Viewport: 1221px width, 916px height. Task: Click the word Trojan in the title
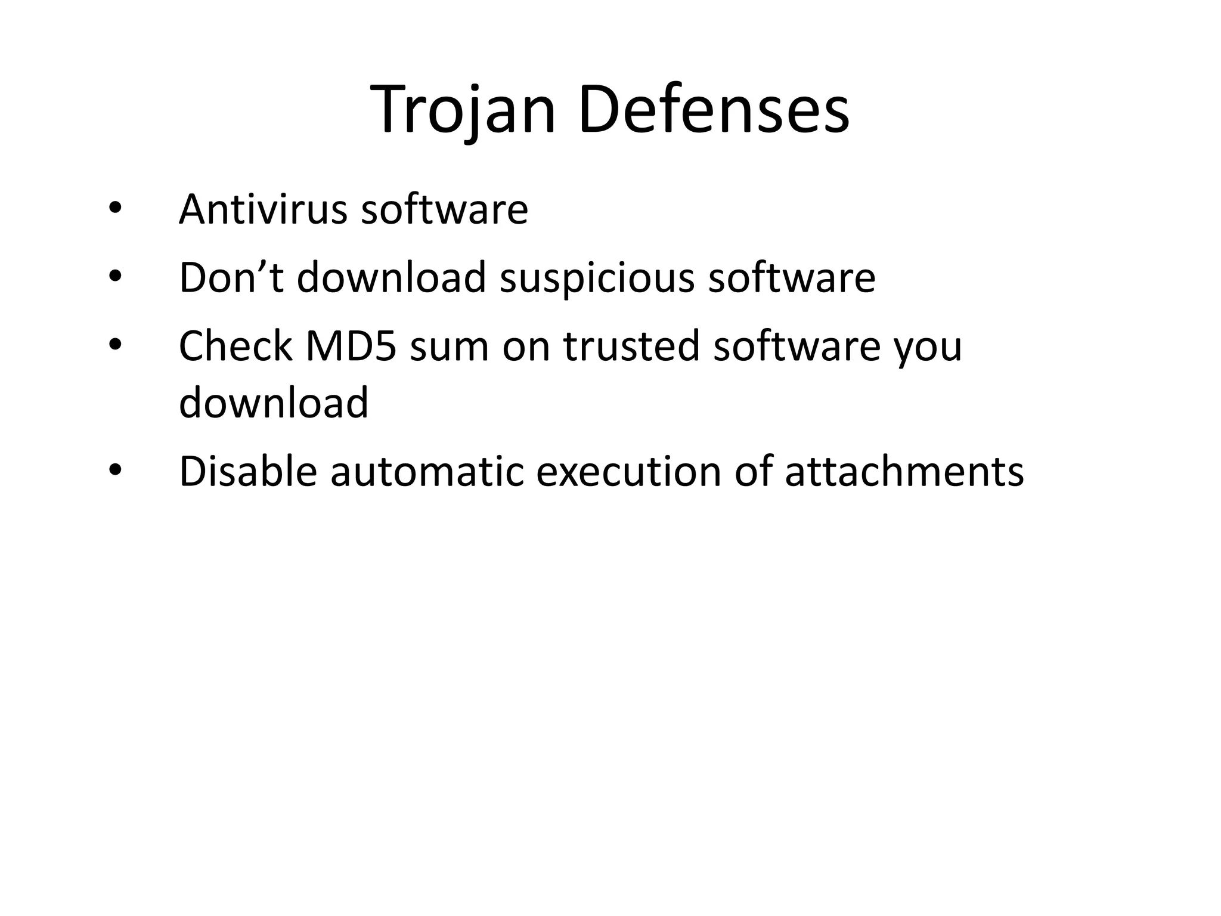coord(463,111)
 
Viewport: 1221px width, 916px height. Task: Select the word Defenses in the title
coord(713,111)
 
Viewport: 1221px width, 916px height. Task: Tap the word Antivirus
coord(263,209)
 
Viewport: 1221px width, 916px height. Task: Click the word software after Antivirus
coord(444,209)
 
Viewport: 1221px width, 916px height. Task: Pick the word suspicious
coord(597,278)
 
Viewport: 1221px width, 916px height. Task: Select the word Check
coord(235,346)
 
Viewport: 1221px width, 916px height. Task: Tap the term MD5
coord(351,346)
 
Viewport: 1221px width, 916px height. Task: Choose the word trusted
coord(631,346)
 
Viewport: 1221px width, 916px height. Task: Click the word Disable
coord(248,471)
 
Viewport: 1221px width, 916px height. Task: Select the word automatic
coord(427,471)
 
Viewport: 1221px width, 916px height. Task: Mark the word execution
coord(628,471)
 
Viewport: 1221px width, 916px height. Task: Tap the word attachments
coord(904,471)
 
